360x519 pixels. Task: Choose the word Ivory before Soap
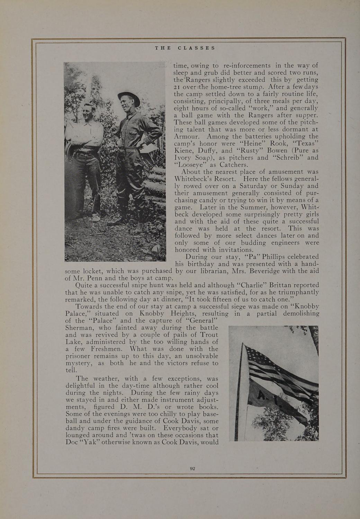click(184, 158)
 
